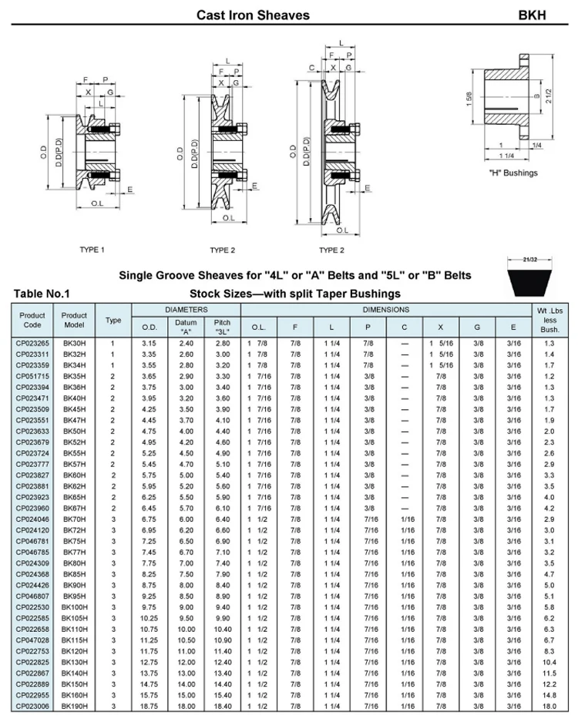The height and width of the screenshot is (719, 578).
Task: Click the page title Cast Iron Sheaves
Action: (253, 15)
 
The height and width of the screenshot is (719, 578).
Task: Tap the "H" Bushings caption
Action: (513, 173)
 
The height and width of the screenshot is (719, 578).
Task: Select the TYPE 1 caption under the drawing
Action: (92, 250)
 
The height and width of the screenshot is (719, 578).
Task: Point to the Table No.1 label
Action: (42, 294)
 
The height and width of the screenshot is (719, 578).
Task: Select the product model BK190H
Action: (74, 704)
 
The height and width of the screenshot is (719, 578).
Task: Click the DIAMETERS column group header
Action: (187, 310)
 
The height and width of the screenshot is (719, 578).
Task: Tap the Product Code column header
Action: (32, 320)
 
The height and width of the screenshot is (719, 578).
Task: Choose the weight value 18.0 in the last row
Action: (549, 704)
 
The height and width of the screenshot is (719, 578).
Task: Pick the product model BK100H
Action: (74, 608)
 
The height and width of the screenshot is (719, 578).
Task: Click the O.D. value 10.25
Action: (149, 619)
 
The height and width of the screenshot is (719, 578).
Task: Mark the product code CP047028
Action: (32, 640)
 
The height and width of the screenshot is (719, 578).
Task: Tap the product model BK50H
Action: (74, 431)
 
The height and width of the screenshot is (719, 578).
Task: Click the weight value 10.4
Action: (549, 663)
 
